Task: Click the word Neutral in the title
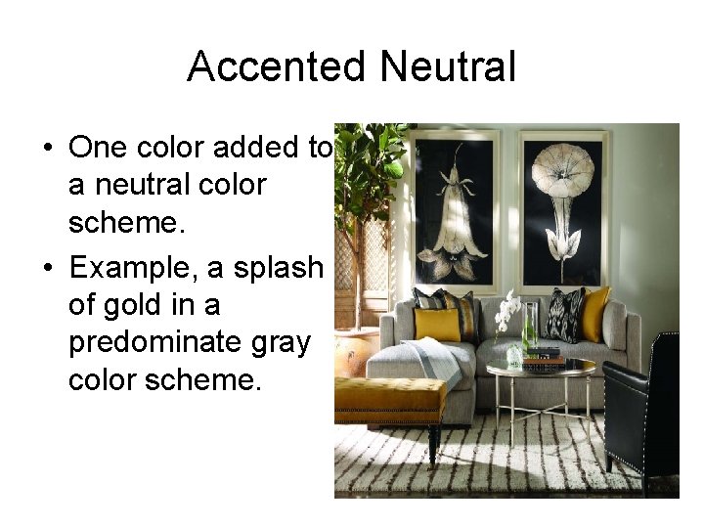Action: pos(447,67)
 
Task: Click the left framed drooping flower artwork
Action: pos(454,209)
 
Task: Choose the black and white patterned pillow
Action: pos(564,313)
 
